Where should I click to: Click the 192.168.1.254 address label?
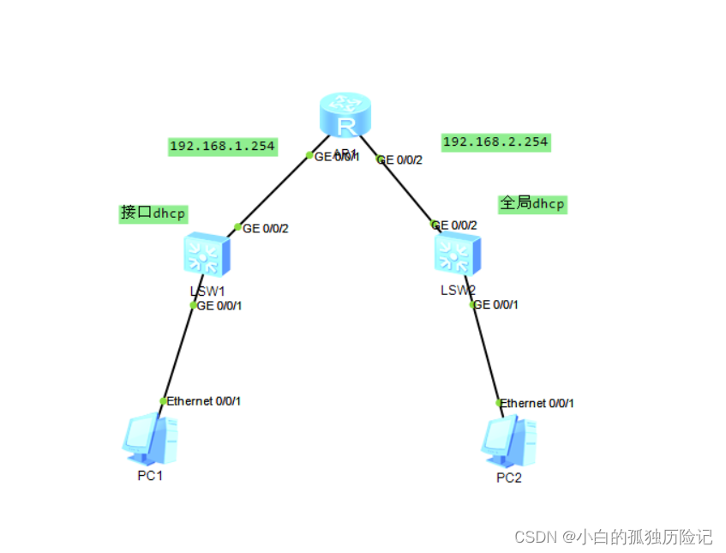(x=222, y=146)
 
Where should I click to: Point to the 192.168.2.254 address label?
(x=495, y=142)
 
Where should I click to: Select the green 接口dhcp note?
(x=153, y=213)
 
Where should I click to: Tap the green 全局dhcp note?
(x=532, y=203)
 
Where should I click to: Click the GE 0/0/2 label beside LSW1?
(x=266, y=229)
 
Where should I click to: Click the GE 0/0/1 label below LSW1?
(x=219, y=306)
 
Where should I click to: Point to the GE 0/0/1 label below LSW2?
(x=496, y=304)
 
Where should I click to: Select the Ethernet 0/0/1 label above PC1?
(x=204, y=401)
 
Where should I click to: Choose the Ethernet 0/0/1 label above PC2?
(x=537, y=403)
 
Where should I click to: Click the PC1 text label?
(x=150, y=476)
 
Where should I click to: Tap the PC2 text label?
(x=508, y=478)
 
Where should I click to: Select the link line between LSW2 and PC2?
(x=485, y=353)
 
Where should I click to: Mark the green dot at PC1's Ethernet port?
(x=163, y=401)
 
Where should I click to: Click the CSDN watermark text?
(x=613, y=538)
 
